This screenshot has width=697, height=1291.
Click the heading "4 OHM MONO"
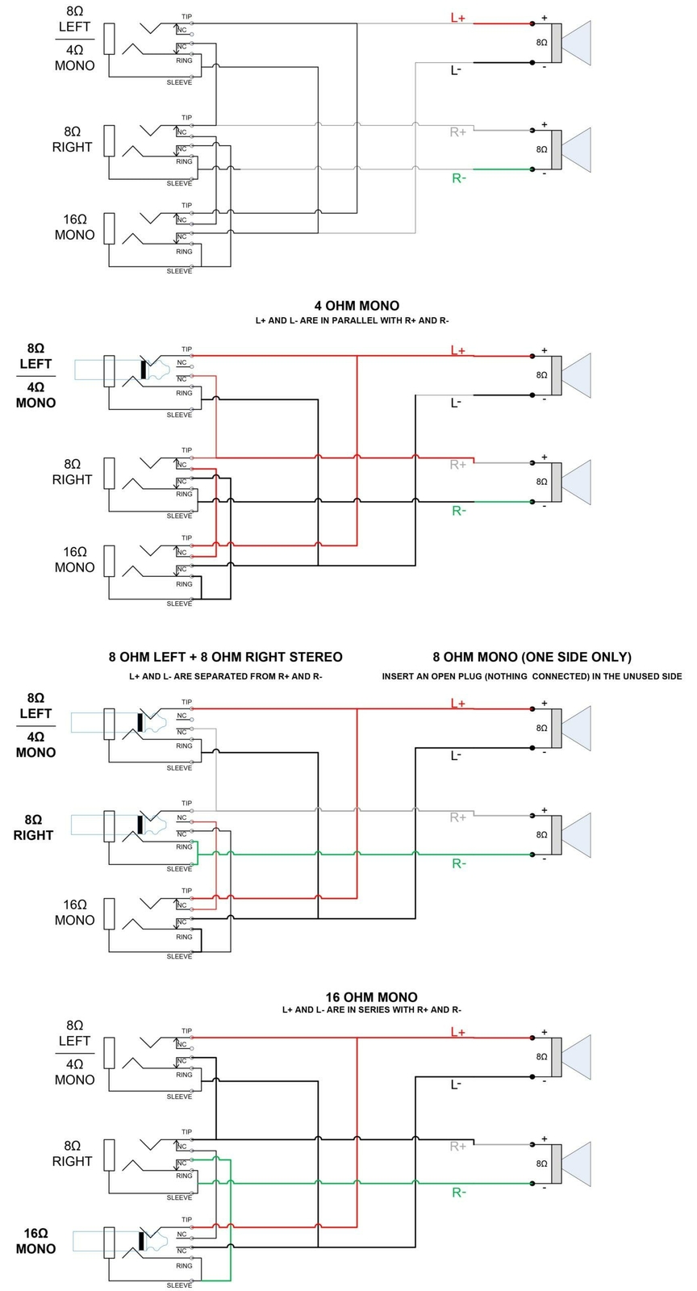click(x=357, y=306)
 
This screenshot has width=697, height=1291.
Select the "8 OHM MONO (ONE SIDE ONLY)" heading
click(x=532, y=657)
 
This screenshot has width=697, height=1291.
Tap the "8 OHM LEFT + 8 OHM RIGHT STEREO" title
click(x=225, y=657)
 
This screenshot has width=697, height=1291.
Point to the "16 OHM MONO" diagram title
click(x=371, y=997)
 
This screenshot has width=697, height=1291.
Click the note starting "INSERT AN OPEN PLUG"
click(x=532, y=676)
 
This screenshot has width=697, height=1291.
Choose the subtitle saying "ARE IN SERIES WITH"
click(x=371, y=1009)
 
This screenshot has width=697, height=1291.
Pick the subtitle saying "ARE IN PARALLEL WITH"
click(x=352, y=320)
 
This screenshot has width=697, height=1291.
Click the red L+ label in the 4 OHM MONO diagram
click(x=457, y=350)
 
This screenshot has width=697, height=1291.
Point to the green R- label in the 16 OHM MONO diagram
click(x=458, y=1193)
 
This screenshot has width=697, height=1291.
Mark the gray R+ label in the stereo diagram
click(x=458, y=817)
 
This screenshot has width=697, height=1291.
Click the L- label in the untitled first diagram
click(x=456, y=70)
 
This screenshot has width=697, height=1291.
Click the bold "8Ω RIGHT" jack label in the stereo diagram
click(x=33, y=827)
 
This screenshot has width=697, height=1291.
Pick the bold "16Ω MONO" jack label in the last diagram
click(x=35, y=1241)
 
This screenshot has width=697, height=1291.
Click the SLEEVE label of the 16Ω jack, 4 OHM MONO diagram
click(x=179, y=604)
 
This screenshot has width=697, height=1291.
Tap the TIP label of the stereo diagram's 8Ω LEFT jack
click(x=186, y=702)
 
